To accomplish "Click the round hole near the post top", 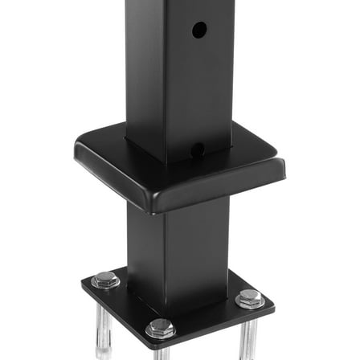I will click(199, 31).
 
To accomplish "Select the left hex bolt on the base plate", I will click(104, 280).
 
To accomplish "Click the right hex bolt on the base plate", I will click(249, 299).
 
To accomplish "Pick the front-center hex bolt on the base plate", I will click(160, 328).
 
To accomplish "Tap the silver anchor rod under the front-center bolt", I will click(161, 351).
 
